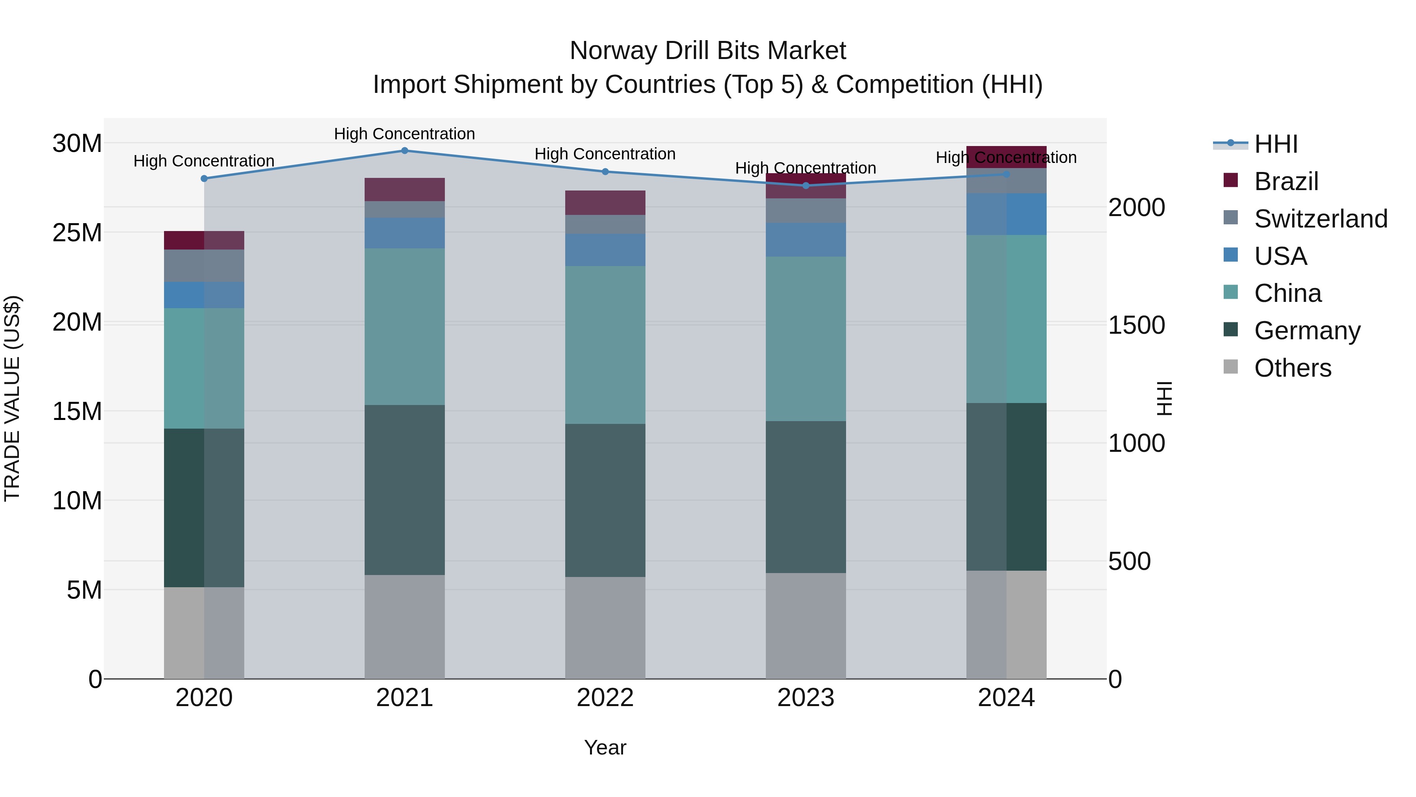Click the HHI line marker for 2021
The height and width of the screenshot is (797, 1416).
click(x=405, y=151)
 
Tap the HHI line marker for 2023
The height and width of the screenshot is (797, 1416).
click(x=806, y=186)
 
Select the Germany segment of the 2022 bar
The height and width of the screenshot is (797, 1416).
click(x=605, y=501)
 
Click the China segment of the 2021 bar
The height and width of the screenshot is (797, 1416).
click(x=405, y=327)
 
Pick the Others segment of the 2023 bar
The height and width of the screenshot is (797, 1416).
click(x=806, y=626)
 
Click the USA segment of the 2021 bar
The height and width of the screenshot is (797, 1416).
click(x=405, y=233)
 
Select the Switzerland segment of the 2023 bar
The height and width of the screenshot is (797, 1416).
click(x=806, y=211)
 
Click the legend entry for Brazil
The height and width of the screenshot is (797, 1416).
click(x=1286, y=181)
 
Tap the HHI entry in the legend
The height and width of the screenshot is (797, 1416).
click(x=1275, y=144)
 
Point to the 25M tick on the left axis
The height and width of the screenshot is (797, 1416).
click(x=77, y=233)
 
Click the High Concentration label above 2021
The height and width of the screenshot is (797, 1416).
click(x=405, y=134)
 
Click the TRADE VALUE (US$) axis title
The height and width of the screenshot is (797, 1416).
click(x=13, y=398)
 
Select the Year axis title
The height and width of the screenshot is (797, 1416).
click(x=605, y=747)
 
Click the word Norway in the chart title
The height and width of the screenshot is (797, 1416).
click(x=612, y=51)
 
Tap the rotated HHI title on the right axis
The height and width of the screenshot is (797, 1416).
click(x=1164, y=398)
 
